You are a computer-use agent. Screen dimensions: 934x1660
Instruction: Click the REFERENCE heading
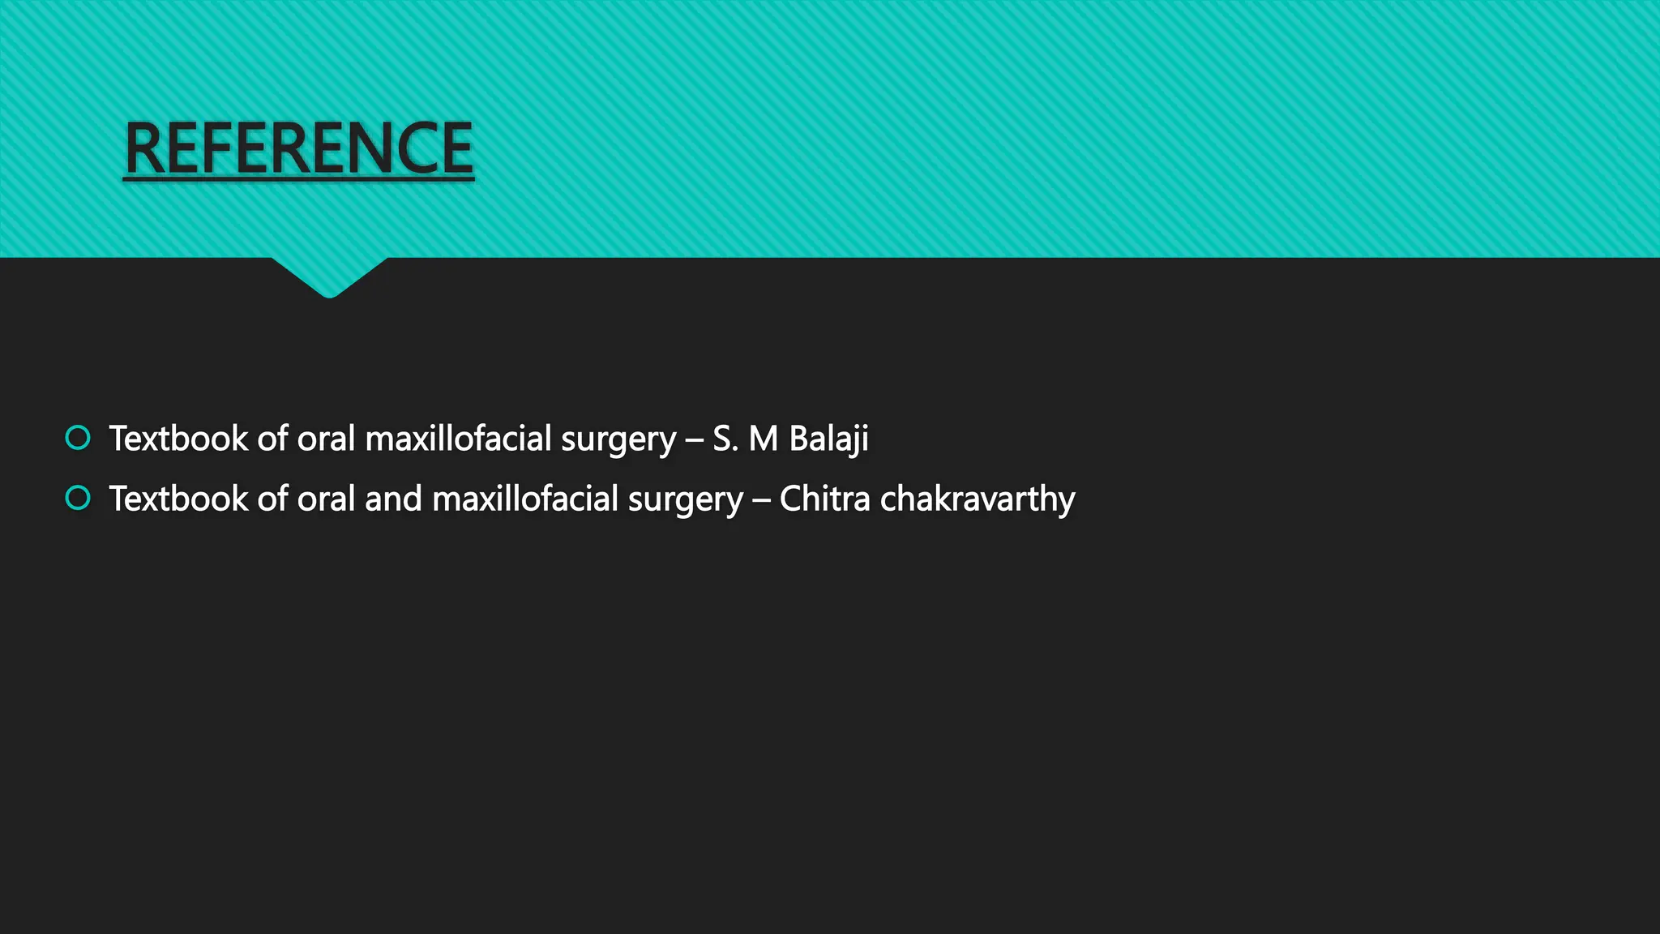pos(298,148)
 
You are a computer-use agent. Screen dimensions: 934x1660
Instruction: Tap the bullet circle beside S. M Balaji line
pos(78,438)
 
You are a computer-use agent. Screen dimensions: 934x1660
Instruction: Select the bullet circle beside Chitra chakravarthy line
pos(78,498)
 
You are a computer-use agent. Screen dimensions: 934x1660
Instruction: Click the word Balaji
pos(828,439)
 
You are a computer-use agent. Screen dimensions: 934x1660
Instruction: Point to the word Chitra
pos(824,499)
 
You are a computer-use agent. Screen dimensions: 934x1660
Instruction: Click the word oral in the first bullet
pos(327,439)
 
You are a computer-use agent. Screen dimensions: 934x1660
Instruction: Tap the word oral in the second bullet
pos(327,499)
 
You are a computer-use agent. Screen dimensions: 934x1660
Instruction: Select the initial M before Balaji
pos(764,439)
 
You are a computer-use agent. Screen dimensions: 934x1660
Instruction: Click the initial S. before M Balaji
pos(725,439)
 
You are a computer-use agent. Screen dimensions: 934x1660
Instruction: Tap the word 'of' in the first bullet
pos(272,439)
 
